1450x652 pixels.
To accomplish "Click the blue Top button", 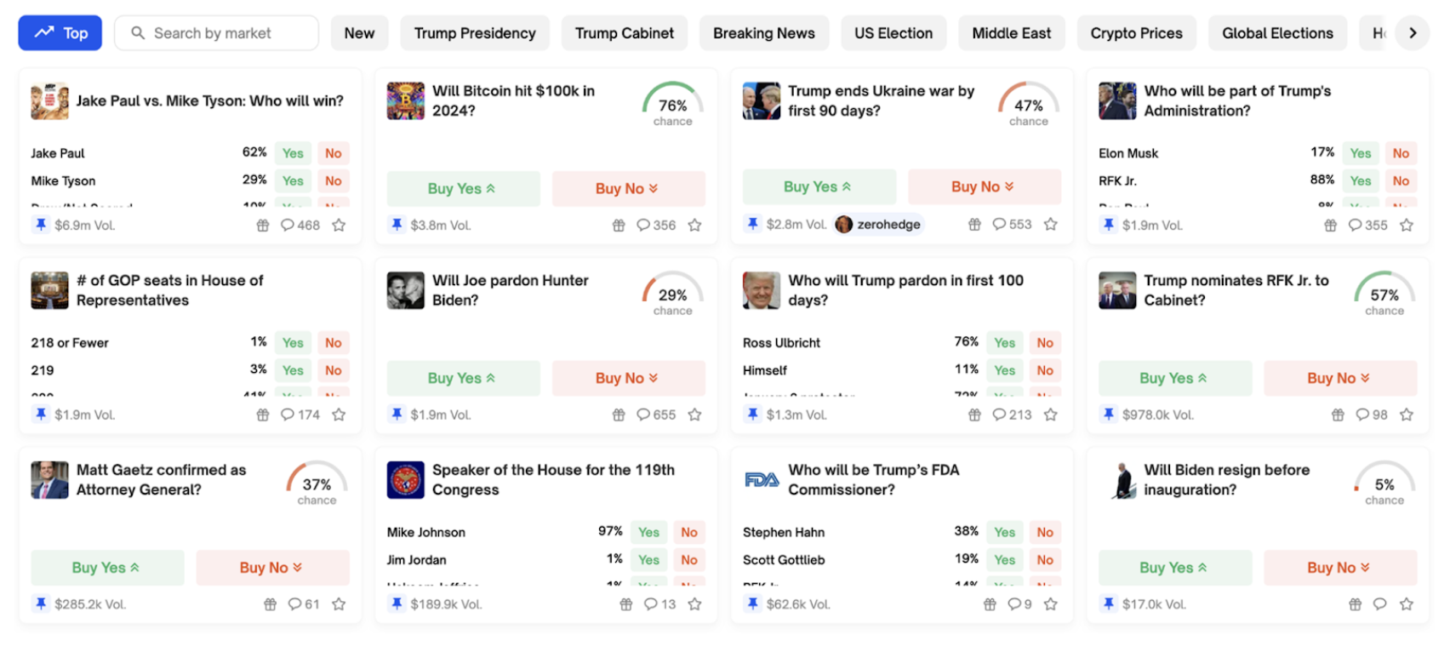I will click(x=60, y=33).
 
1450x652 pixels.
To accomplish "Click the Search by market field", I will click(x=217, y=33).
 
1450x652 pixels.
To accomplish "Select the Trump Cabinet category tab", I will click(x=624, y=33).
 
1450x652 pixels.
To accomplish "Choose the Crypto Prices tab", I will click(x=1136, y=33).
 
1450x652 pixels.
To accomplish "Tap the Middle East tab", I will click(x=1011, y=33).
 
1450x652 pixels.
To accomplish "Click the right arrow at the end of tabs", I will click(x=1413, y=33).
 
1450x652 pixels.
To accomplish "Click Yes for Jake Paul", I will click(x=293, y=153).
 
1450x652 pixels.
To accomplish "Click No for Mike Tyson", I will click(x=334, y=180).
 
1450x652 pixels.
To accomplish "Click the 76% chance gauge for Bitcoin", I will click(x=672, y=105).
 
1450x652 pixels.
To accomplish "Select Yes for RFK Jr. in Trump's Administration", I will click(x=1360, y=180).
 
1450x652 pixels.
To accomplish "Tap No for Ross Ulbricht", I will click(x=1045, y=343).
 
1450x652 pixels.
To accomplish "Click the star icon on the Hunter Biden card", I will click(x=695, y=415).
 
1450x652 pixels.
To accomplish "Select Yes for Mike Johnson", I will click(x=648, y=532).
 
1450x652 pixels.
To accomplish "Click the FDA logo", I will click(x=762, y=480).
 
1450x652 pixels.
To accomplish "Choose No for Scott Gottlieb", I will click(x=1045, y=560).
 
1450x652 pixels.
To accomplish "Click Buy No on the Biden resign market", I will click(x=1339, y=568).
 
